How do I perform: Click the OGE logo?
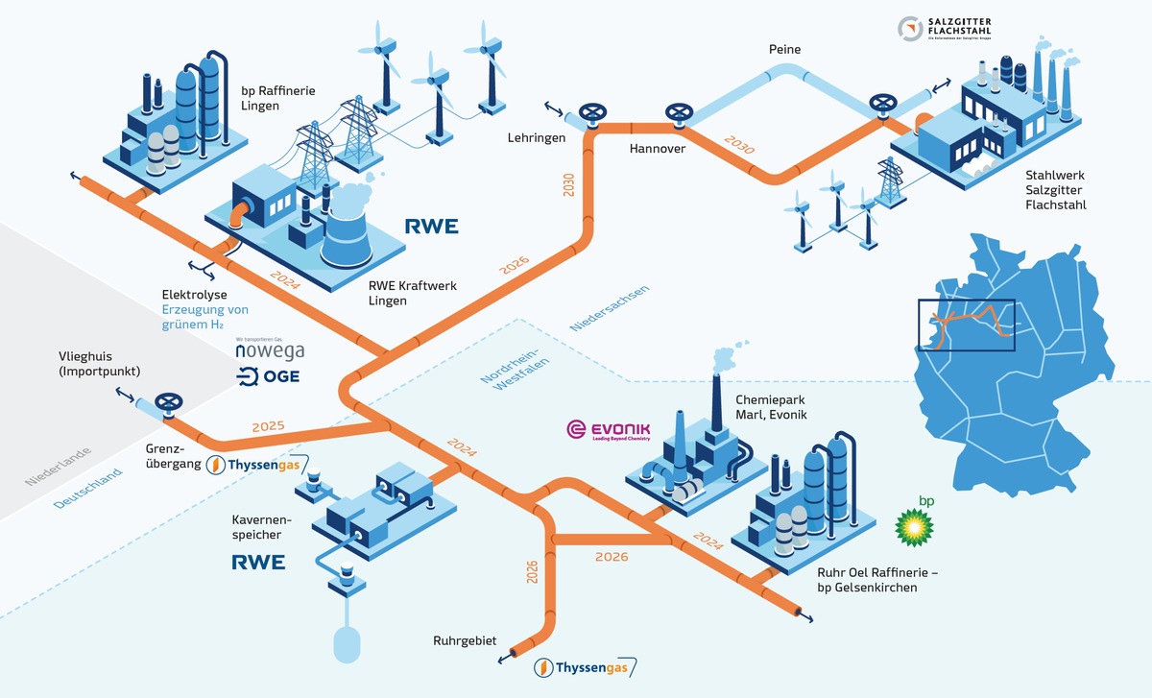(268, 376)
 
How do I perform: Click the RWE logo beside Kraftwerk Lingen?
(430, 227)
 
